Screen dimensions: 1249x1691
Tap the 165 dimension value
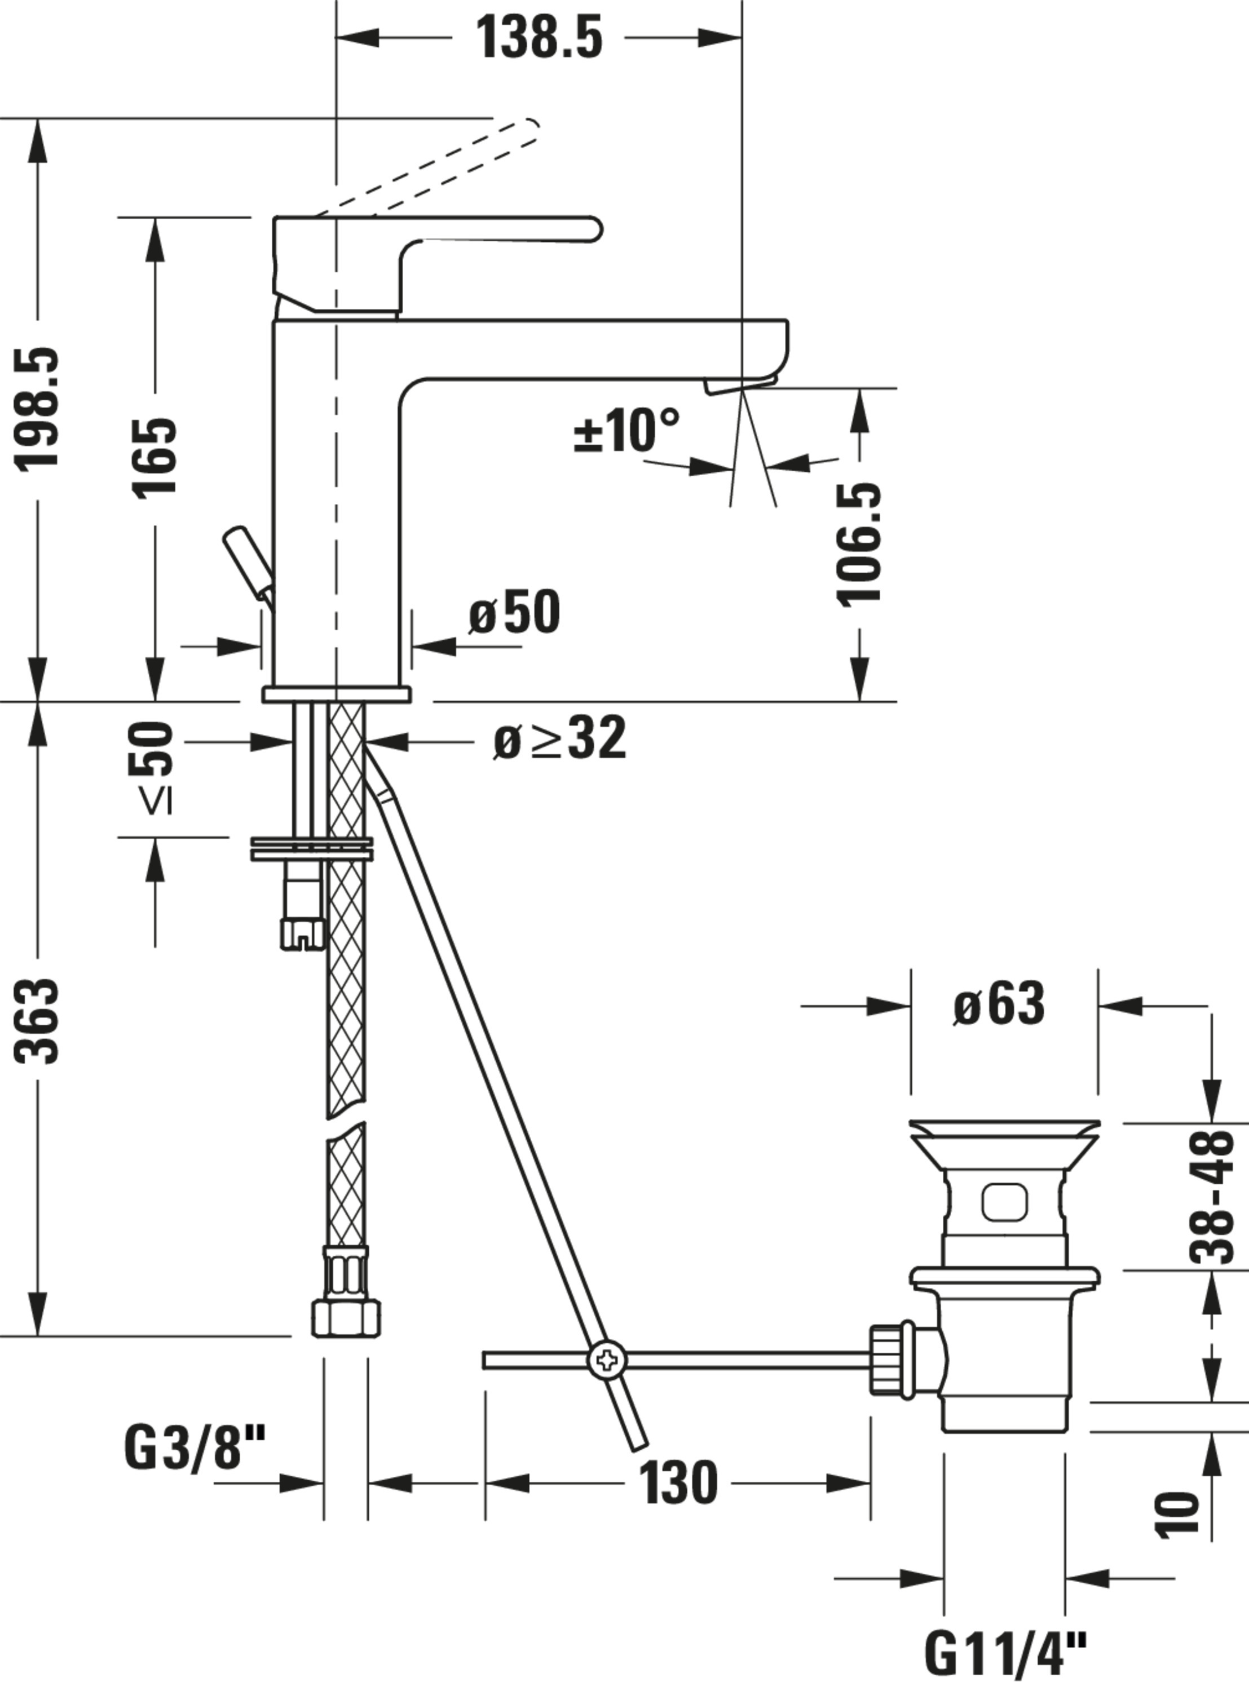[x=155, y=457]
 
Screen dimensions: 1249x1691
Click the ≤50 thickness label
[x=151, y=767]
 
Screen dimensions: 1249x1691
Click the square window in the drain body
[x=1005, y=1201]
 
